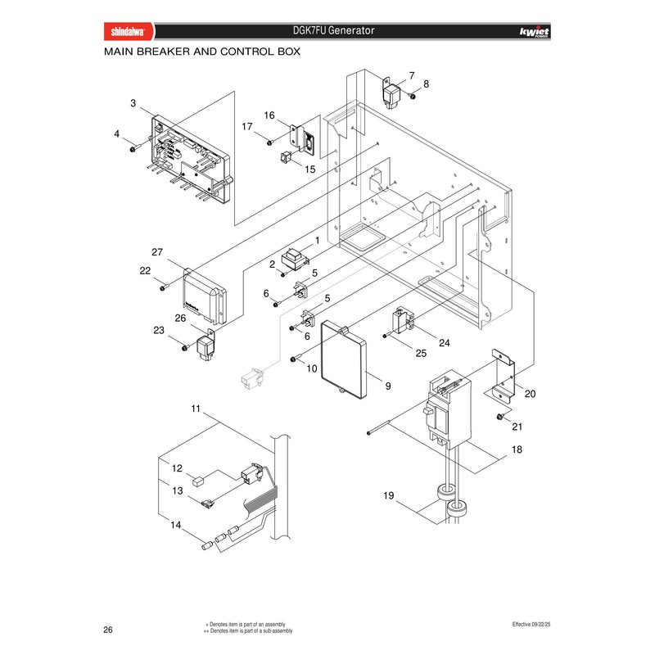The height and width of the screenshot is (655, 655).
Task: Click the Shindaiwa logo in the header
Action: pos(129,31)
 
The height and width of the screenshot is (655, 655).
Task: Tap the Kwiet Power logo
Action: pos(535,32)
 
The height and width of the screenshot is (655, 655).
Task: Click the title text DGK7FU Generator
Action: pos(333,30)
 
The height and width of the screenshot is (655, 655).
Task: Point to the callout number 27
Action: pos(157,252)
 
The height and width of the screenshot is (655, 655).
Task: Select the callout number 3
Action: pos(133,103)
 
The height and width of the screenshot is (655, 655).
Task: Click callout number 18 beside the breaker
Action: pos(517,449)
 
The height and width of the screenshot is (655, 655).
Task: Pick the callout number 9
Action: pos(388,386)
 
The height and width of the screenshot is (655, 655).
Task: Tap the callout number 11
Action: pos(196,409)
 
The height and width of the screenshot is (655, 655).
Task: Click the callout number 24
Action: pos(444,343)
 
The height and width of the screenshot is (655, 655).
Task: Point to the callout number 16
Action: pos(269,115)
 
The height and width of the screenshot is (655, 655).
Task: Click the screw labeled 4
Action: pos(133,149)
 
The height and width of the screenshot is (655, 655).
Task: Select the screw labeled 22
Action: pos(163,288)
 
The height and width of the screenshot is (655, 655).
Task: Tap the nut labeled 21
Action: pos(499,417)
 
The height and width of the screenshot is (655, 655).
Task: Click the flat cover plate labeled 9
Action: pos(344,359)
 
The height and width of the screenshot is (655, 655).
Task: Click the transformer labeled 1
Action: pos(295,259)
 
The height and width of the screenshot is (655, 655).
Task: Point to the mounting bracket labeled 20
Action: pos(503,376)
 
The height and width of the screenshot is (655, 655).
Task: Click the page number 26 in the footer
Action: pos(108,630)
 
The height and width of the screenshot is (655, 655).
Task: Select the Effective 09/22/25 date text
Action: pos(531,624)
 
